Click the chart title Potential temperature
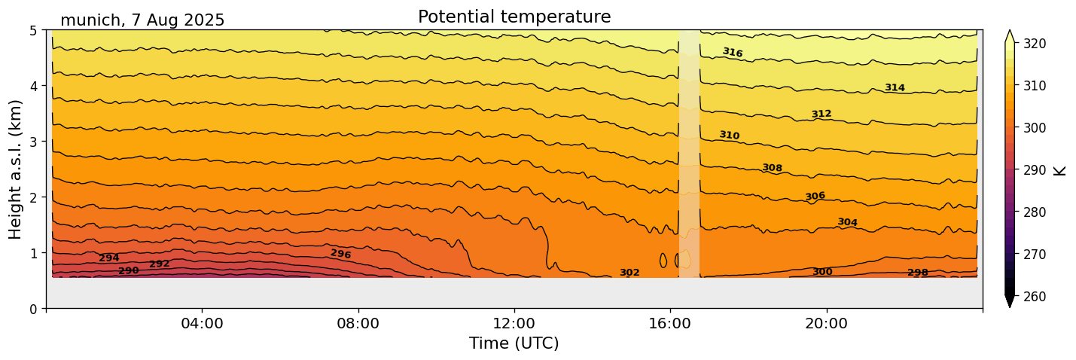(514, 17)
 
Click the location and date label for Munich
(142, 20)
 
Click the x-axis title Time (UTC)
(514, 344)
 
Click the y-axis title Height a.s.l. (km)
(16, 169)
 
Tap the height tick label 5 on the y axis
(35, 31)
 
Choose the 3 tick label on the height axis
(35, 142)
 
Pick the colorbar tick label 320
(1034, 44)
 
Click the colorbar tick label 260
(1034, 297)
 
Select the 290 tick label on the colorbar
(1034, 170)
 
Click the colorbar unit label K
(1060, 170)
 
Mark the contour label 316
(733, 53)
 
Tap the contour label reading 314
(895, 88)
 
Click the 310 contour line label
(729, 136)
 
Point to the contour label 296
(340, 254)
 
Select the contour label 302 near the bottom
(629, 273)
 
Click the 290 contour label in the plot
(129, 270)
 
